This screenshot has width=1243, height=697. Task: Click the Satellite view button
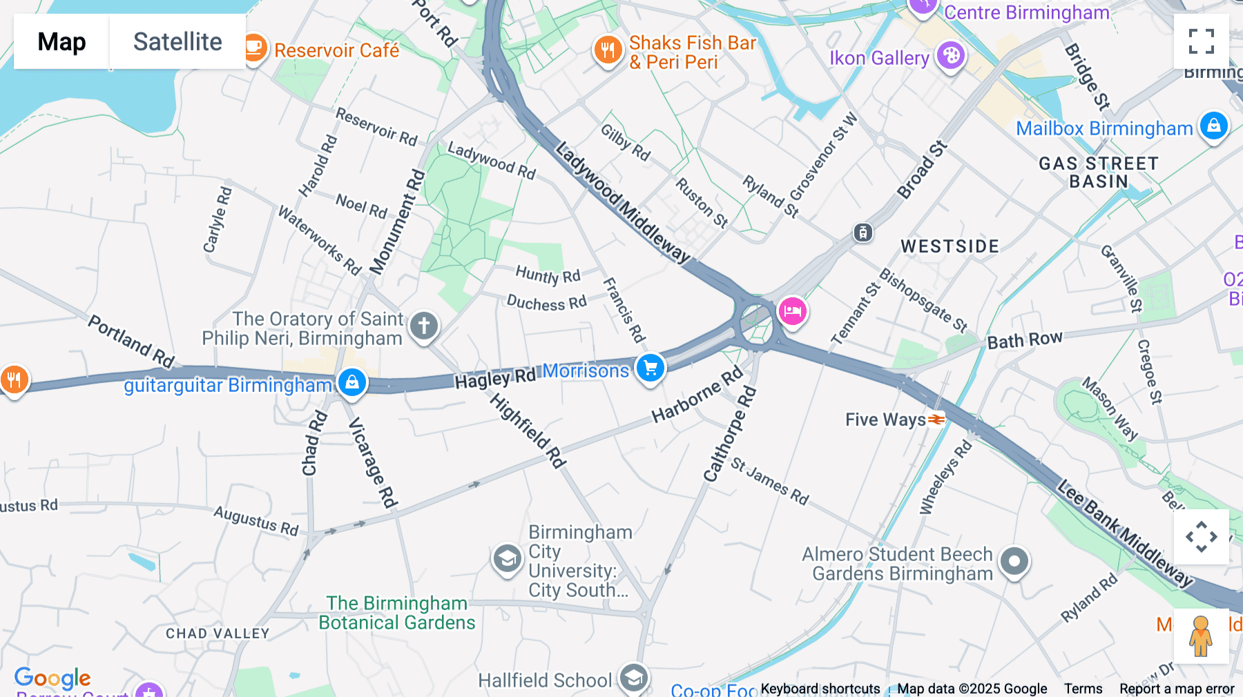(177, 41)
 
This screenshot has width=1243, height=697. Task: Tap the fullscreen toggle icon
(1201, 41)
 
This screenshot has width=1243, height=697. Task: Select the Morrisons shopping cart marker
(650, 368)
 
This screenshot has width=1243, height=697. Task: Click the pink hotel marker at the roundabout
(792, 311)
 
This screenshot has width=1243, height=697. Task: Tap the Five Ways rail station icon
(936, 420)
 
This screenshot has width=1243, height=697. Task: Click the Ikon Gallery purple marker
(951, 55)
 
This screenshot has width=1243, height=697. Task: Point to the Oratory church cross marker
(424, 325)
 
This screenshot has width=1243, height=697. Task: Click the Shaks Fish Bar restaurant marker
(608, 50)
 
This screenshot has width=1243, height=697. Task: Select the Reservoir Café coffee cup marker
(253, 48)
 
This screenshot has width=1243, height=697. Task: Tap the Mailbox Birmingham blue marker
(1214, 126)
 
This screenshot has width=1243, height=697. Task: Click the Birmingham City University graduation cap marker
(507, 559)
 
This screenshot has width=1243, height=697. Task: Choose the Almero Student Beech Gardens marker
(1014, 562)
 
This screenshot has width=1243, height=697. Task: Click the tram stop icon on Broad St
(863, 233)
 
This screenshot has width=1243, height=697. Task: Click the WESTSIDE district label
(950, 246)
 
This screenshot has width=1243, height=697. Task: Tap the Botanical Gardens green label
(397, 613)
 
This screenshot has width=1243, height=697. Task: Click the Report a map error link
(1177, 689)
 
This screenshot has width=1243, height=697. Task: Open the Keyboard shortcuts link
(820, 689)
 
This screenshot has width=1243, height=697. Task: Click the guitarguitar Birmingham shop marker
(351, 381)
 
